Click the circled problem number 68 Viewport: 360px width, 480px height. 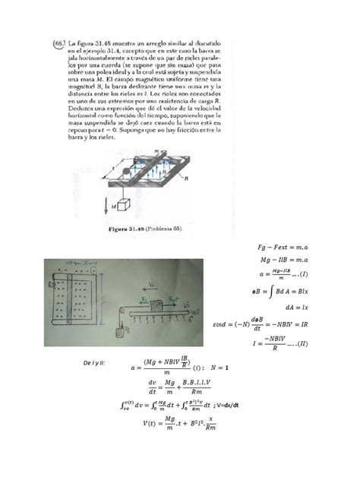coord(56,43)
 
